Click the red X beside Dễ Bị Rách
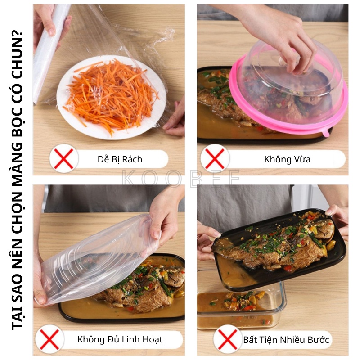tap(63, 158)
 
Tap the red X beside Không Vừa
tap(215, 158)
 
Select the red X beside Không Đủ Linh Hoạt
tap(49, 339)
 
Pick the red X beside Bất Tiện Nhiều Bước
tap(228, 339)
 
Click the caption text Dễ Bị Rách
tap(120, 159)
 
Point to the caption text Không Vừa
tap(287, 159)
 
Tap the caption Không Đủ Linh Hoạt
tap(120, 340)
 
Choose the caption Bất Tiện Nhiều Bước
tap(286, 340)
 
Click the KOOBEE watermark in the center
tap(181, 178)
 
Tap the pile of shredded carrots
tap(112, 94)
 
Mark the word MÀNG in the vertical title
tap(17, 159)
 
